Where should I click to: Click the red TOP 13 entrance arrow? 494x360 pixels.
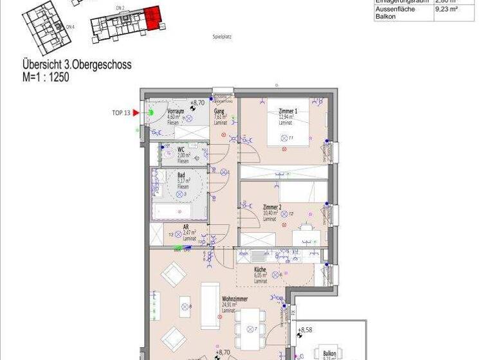136,113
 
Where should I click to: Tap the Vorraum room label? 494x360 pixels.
176,111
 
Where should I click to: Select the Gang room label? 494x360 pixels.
219,111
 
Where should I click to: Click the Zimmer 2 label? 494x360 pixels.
271,208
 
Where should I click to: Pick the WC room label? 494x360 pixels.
181,149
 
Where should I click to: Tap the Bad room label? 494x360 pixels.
181,175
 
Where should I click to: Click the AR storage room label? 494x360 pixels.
186,227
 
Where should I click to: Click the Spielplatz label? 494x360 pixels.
222,37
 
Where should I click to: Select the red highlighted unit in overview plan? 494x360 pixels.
152,18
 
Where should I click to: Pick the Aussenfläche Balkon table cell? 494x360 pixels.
395,13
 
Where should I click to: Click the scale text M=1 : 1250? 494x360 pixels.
46,76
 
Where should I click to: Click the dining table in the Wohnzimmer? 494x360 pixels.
248,323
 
